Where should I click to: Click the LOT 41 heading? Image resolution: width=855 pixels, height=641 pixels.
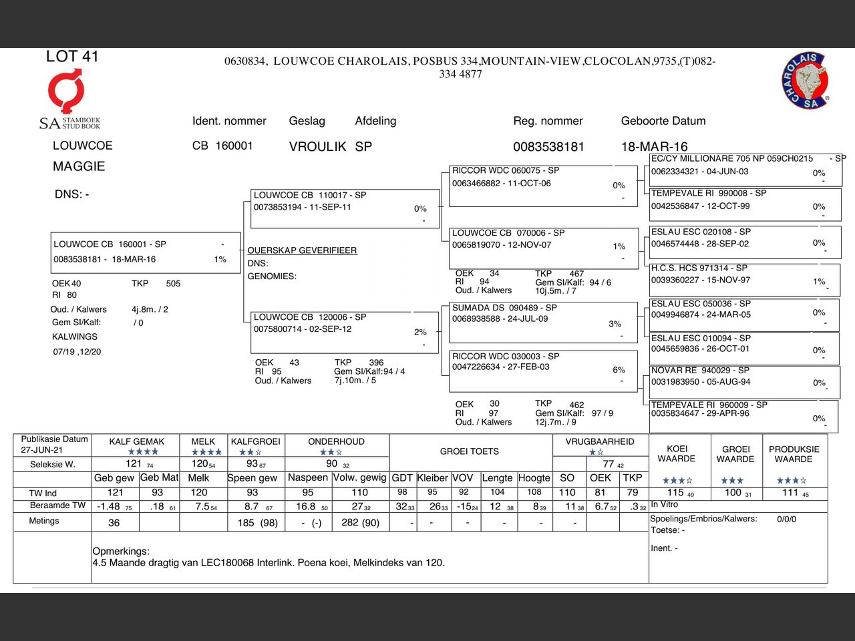pos(72,57)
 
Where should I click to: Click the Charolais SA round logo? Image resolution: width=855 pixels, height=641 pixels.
pos(806,81)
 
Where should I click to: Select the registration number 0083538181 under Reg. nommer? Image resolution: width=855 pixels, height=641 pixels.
pos(548,147)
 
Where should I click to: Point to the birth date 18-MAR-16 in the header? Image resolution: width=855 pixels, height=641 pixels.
pos(654,147)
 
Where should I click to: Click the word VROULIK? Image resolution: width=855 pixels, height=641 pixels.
pos(317,147)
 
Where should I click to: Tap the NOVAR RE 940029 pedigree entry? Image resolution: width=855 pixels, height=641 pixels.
pos(744,381)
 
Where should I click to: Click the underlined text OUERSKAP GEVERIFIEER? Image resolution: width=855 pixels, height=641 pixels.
pos(302,250)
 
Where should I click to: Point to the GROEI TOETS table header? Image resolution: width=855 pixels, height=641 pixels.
pos(469,451)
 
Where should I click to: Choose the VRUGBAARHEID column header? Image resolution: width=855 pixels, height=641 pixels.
pos(600,441)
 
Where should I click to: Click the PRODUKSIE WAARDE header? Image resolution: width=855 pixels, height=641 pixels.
pos(794,454)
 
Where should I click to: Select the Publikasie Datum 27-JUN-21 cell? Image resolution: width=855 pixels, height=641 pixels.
pos(54,445)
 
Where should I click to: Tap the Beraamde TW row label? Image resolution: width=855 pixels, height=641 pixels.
pos(57,505)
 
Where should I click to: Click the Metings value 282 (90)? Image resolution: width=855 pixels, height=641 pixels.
pos(360,523)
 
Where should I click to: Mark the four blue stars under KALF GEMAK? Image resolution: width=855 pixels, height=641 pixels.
pos(143,452)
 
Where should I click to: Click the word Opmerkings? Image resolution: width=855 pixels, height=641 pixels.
pos(121,552)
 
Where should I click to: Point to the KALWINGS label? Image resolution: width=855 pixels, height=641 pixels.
pos(75,337)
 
